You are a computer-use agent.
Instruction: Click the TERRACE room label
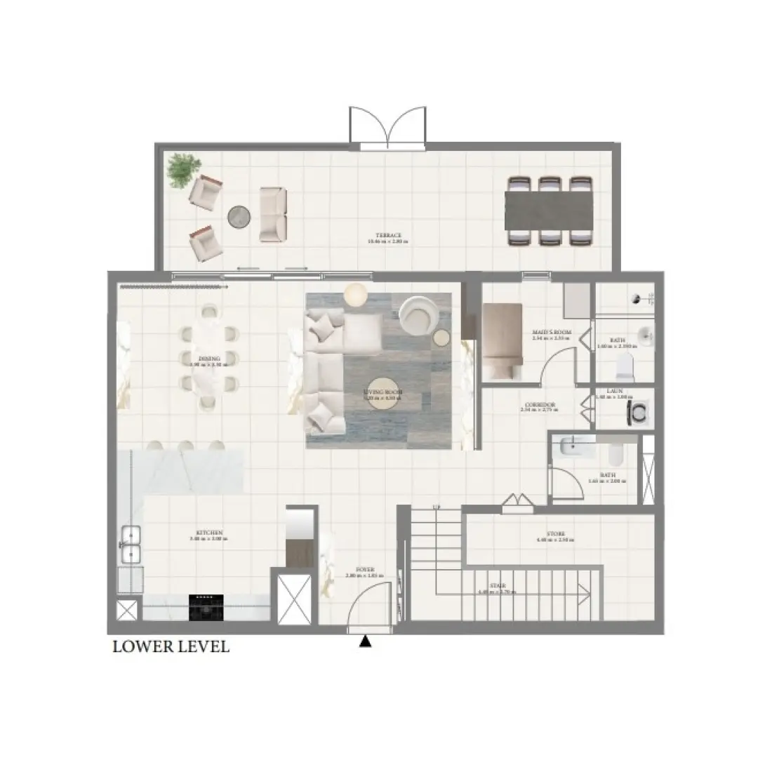click(387, 236)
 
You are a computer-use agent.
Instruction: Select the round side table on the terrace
click(239, 217)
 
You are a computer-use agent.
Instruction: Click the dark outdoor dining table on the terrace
click(549, 210)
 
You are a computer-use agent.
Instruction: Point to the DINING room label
click(209, 359)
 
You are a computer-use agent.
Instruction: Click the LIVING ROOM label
click(382, 393)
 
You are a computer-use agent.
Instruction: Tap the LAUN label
click(614, 392)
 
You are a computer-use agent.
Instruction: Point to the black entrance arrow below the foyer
click(365, 641)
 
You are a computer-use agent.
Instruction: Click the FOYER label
click(365, 570)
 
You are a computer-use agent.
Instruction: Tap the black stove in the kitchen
click(206, 607)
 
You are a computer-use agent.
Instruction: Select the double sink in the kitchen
click(131, 545)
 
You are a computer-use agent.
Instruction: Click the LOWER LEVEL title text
click(171, 647)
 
